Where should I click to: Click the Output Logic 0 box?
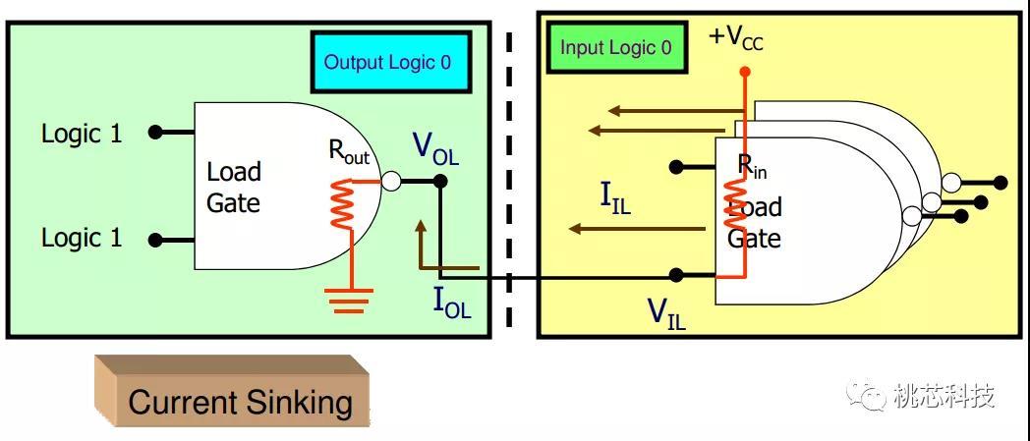point(389,63)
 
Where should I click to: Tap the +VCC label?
point(735,38)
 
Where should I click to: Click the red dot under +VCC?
point(744,72)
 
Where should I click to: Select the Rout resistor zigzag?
point(341,203)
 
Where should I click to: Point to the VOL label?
point(434,148)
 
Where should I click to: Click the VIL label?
point(665,312)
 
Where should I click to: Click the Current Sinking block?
point(240,402)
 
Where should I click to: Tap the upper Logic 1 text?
point(82,134)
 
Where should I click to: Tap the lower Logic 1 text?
point(82,238)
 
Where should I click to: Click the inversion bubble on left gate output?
point(391,181)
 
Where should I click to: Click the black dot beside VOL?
point(440,181)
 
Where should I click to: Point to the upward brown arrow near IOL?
point(421,241)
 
